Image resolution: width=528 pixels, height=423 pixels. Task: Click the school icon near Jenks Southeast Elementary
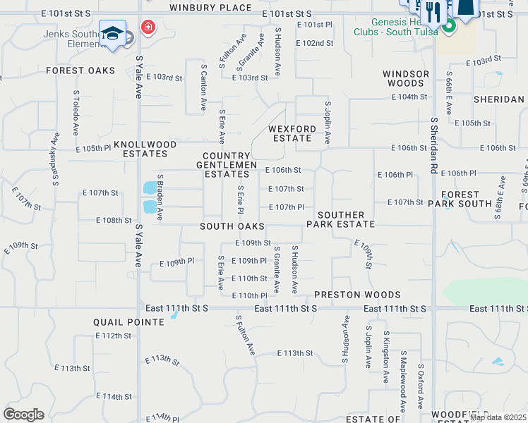[x=113, y=33]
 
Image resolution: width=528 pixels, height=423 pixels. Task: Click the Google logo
[x=23, y=415]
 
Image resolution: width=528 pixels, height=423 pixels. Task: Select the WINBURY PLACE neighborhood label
[x=210, y=8]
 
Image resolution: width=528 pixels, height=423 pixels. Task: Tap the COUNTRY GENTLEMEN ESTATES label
[x=226, y=165]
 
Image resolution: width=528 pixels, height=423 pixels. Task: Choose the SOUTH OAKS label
[x=232, y=226]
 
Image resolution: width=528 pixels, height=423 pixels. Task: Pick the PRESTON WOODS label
[x=357, y=295]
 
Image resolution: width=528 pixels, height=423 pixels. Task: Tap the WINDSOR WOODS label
[x=406, y=78]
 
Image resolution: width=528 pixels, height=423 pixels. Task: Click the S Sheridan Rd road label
[x=433, y=145]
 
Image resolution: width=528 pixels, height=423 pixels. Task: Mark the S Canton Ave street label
[x=203, y=87]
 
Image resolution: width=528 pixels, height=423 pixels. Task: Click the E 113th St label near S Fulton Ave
[x=294, y=353]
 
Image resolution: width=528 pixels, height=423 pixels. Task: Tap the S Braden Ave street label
[x=160, y=198]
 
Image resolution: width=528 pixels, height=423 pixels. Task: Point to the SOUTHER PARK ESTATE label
[x=340, y=219]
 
